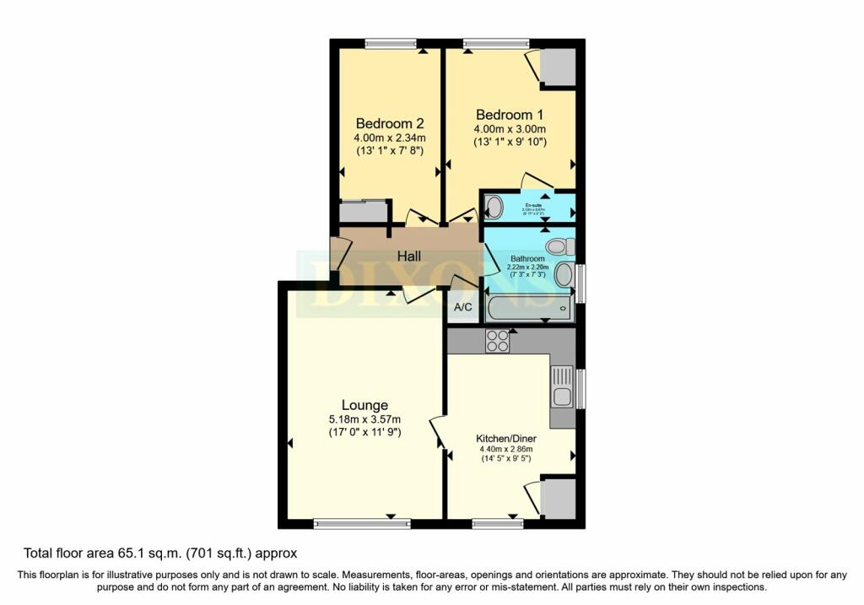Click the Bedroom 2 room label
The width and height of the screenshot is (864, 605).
[x=384, y=122]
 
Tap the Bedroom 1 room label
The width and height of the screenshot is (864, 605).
[x=510, y=115]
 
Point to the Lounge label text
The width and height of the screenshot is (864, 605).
[x=364, y=405]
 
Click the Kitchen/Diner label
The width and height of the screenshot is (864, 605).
[x=508, y=439]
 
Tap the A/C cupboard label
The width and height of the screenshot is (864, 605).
[x=463, y=307]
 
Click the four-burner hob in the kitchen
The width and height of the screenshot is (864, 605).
[x=497, y=340]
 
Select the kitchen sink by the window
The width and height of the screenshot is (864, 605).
[x=561, y=392]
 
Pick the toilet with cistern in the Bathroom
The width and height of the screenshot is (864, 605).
[x=559, y=246]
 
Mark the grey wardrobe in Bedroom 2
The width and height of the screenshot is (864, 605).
[x=362, y=212]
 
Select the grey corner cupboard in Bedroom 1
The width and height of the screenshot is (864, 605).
[x=558, y=67]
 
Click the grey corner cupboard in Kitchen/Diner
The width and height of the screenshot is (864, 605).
[x=558, y=498]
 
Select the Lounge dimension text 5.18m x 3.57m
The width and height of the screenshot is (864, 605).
[x=364, y=419]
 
